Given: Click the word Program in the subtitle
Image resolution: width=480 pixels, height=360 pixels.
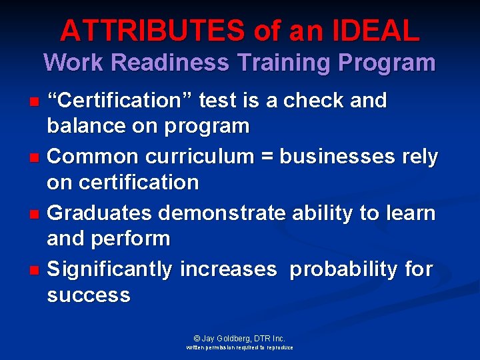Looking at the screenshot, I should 387,63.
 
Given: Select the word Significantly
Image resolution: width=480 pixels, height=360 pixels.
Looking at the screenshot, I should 111,270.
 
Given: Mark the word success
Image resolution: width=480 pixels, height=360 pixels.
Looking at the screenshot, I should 89,295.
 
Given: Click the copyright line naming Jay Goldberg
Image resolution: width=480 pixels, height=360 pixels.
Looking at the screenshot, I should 240,338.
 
